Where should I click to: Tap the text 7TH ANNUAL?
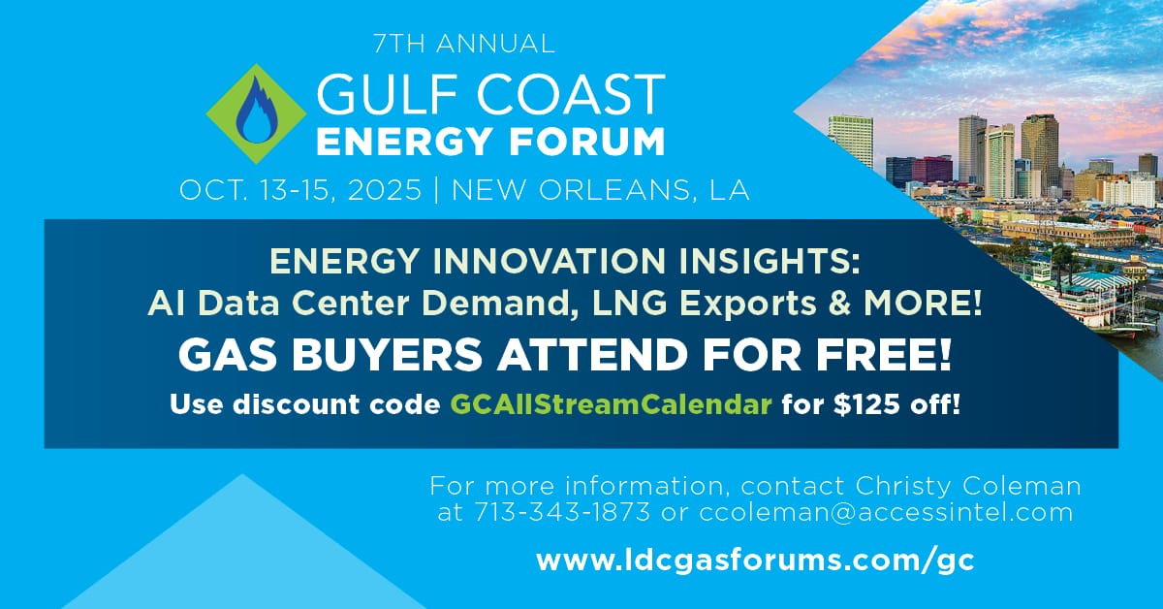[463, 44]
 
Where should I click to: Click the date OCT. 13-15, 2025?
[300, 189]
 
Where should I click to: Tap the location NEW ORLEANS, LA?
[601, 189]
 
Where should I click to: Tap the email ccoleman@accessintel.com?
[886, 511]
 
